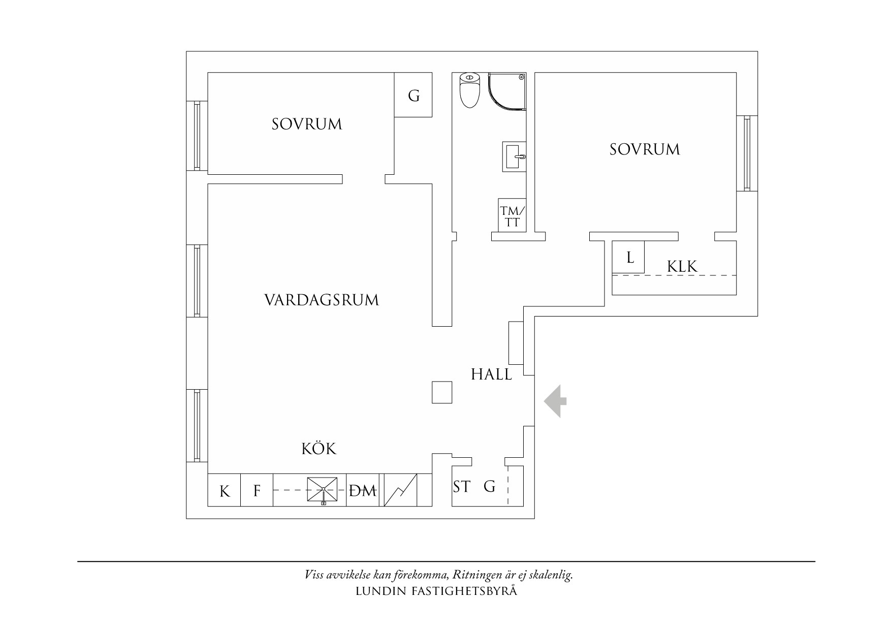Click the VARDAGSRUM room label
tap(322, 300)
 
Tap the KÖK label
tap(319, 449)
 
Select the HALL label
tap(491, 375)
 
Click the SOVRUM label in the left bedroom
tap(307, 124)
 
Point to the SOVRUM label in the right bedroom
tap(645, 149)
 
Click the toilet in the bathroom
tap(469, 90)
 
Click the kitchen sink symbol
tap(323, 489)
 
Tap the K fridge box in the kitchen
tap(224, 490)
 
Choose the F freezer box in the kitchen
tap(257, 490)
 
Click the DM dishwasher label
tap(363, 491)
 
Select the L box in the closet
tap(628, 257)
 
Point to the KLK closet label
tap(682, 266)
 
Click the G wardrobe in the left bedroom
tap(413, 95)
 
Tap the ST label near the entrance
tap(462, 487)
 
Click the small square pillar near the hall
tap(442, 392)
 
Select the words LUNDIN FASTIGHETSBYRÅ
tap(437, 591)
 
